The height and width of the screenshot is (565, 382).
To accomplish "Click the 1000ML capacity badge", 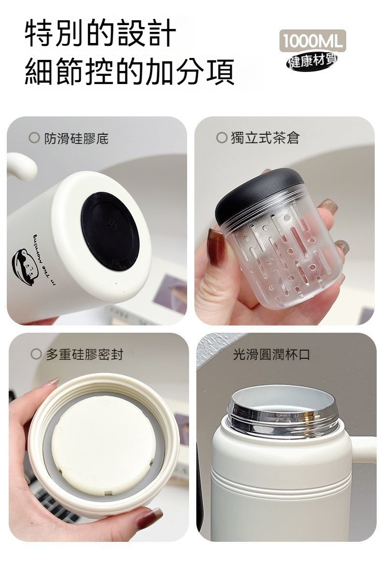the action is (x=312, y=41).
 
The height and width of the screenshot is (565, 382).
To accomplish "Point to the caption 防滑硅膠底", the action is (x=76, y=139).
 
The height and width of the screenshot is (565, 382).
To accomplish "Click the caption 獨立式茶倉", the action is (x=265, y=138).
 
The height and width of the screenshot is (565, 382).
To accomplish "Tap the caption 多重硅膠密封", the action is (x=85, y=354).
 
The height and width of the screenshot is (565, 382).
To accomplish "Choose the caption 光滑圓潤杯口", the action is (x=271, y=354).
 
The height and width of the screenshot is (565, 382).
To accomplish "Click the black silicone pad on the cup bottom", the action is (x=110, y=230).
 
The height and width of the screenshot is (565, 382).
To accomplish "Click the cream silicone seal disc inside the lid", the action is (x=104, y=444).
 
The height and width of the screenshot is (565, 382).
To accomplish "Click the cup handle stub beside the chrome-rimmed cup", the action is (x=363, y=449).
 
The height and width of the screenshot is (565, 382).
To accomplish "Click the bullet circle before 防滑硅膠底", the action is (x=34, y=138).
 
